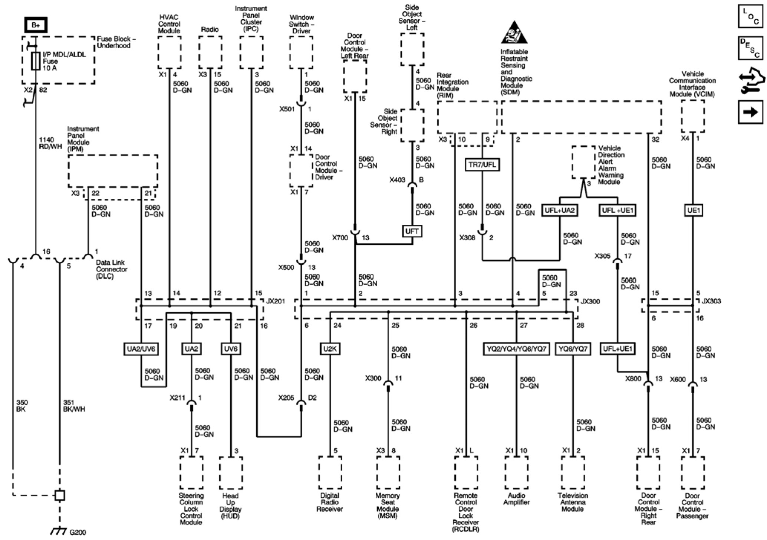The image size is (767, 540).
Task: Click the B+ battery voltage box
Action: [36, 25]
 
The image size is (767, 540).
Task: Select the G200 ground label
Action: [78, 532]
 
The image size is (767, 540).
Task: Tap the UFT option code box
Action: [412, 231]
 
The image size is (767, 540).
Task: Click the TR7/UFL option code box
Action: [482, 164]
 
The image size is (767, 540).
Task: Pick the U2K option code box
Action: [330, 349]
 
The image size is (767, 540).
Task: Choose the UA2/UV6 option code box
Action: [141, 349]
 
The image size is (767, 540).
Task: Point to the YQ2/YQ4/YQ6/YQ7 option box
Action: [516, 349]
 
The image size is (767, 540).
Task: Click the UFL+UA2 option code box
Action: [559, 211]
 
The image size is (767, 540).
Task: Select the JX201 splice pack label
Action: [275, 301]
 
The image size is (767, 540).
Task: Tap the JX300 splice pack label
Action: [590, 301]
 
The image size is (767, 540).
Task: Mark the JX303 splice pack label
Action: [711, 301]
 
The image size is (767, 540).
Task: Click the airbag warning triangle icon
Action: [514, 33]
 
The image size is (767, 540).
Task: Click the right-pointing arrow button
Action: [750, 111]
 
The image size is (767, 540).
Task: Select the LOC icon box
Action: [750, 16]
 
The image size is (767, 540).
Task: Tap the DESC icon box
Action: [750, 48]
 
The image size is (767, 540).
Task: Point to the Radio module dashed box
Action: [210, 52]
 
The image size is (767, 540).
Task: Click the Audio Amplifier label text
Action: [516, 499]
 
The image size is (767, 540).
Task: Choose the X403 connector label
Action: [397, 180]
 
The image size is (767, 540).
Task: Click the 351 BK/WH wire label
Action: [74, 406]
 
